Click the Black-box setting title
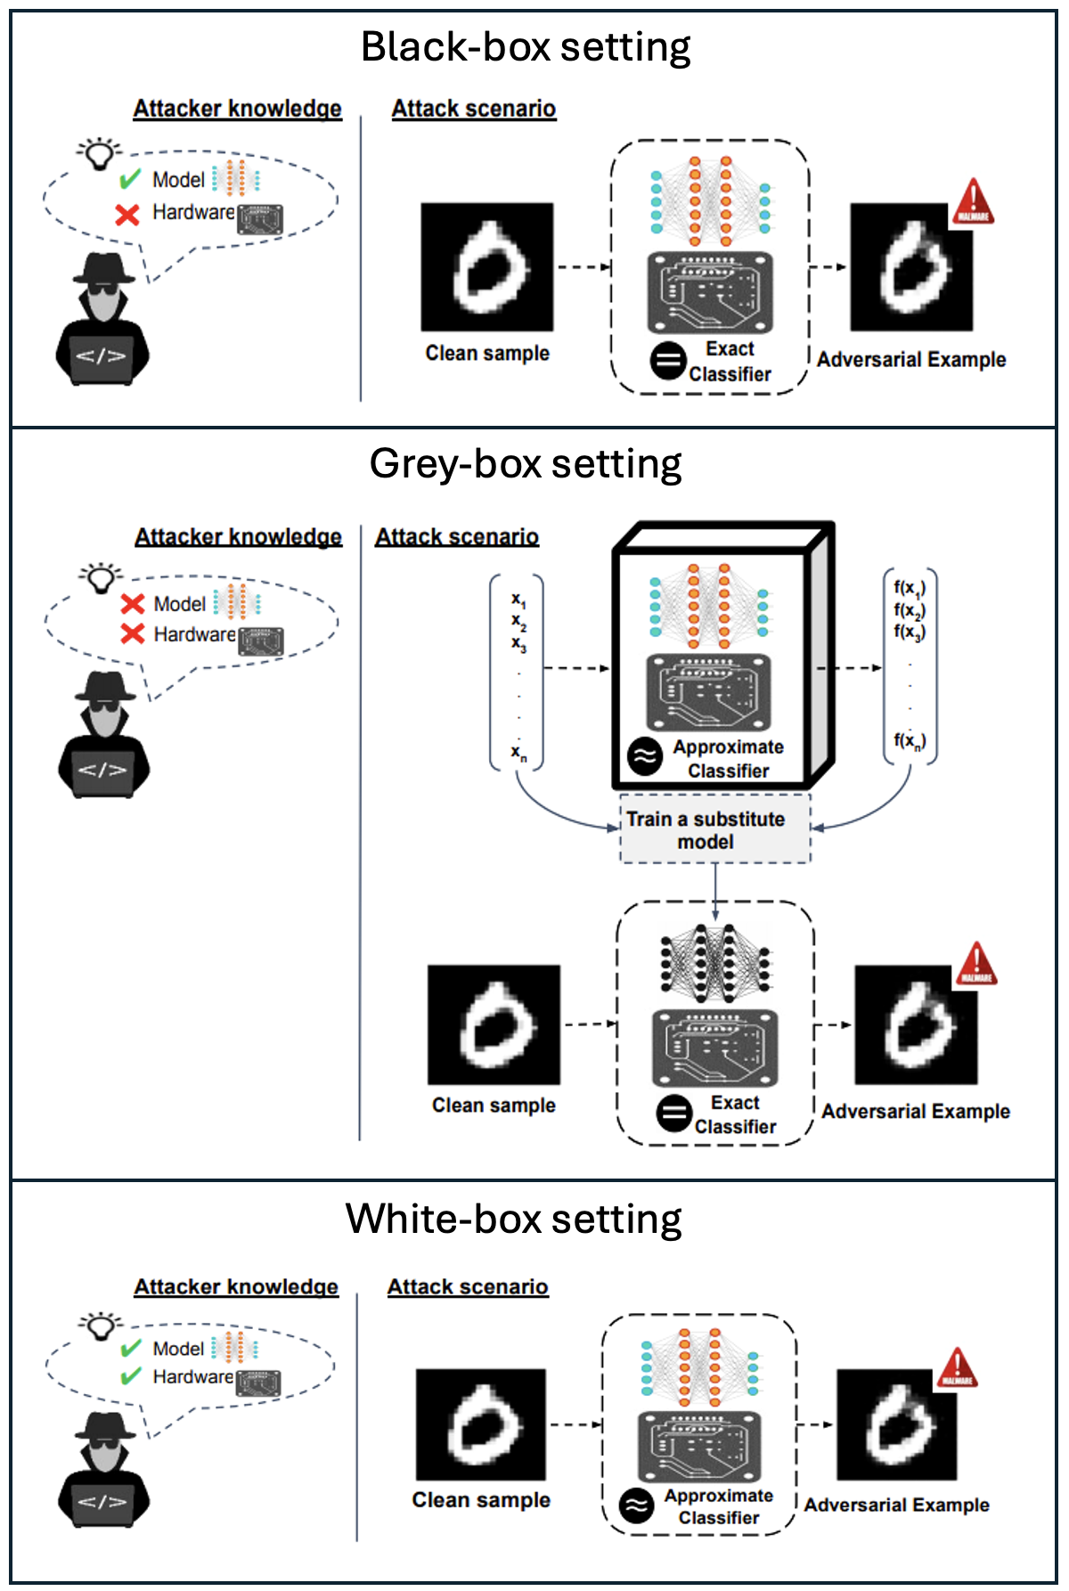pyautogui.click(x=526, y=47)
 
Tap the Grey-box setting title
pyautogui.click(x=526, y=464)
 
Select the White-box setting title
pyautogui.click(x=514, y=1219)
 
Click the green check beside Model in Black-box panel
pyautogui.click(x=130, y=179)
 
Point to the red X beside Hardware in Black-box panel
pyautogui.click(x=127, y=215)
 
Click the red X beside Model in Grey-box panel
pyautogui.click(x=133, y=604)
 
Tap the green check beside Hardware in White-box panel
pyautogui.click(x=131, y=1376)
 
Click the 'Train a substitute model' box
pyautogui.click(x=714, y=829)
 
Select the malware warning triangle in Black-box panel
pyautogui.click(x=973, y=201)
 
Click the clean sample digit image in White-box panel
pyautogui.click(x=481, y=1424)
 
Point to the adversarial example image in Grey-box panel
pyautogui.click(x=916, y=1024)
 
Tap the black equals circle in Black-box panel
pyautogui.click(x=667, y=361)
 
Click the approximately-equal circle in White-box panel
pyautogui.click(x=636, y=1506)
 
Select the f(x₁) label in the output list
pyautogui.click(x=910, y=588)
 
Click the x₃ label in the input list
pyautogui.click(x=518, y=643)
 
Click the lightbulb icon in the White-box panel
pyautogui.click(x=101, y=1326)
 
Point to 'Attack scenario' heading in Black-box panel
pyautogui.click(x=474, y=109)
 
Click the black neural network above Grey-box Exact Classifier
pyautogui.click(x=714, y=959)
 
